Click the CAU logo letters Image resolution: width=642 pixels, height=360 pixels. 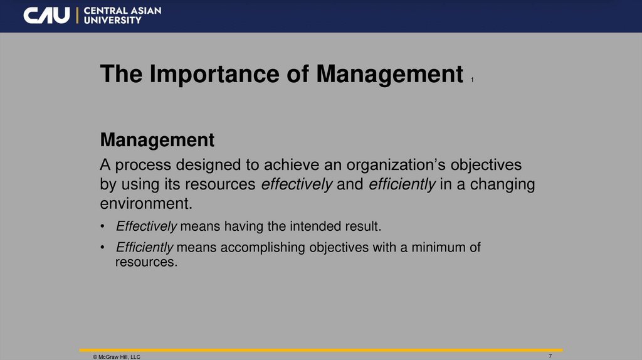tap(47, 15)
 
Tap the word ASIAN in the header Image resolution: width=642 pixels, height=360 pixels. tap(144, 10)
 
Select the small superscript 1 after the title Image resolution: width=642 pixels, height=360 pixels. tap(471, 80)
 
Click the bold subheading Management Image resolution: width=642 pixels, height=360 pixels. tap(157, 140)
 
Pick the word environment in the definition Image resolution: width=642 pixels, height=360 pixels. tap(144, 204)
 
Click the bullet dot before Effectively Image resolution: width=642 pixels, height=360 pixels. tap(103, 226)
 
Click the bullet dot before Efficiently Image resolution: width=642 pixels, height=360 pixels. tap(103, 248)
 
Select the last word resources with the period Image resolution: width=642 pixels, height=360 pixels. tap(147, 262)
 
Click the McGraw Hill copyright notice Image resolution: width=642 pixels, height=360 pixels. tap(116, 356)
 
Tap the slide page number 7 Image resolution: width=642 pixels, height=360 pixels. tap(550, 356)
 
